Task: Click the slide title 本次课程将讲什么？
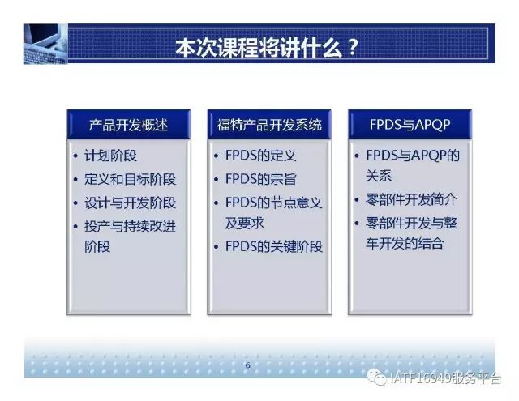click(267, 49)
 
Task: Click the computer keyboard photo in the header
click(45, 44)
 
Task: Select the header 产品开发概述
click(128, 125)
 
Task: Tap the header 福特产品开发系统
click(269, 125)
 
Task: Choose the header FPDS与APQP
click(410, 125)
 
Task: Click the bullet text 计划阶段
click(110, 156)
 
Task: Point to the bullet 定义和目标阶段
click(130, 179)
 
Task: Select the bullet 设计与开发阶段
click(130, 203)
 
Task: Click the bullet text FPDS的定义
click(260, 156)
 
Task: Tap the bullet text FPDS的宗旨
click(260, 179)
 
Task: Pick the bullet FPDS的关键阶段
click(274, 246)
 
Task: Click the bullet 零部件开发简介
click(411, 199)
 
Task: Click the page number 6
click(247, 365)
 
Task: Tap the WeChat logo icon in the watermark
click(376, 378)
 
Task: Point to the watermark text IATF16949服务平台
click(445, 378)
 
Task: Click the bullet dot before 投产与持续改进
click(75, 227)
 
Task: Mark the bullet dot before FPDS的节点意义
click(217, 203)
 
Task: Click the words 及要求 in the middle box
click(244, 223)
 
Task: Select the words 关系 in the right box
click(379, 176)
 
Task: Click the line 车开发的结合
click(405, 243)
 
